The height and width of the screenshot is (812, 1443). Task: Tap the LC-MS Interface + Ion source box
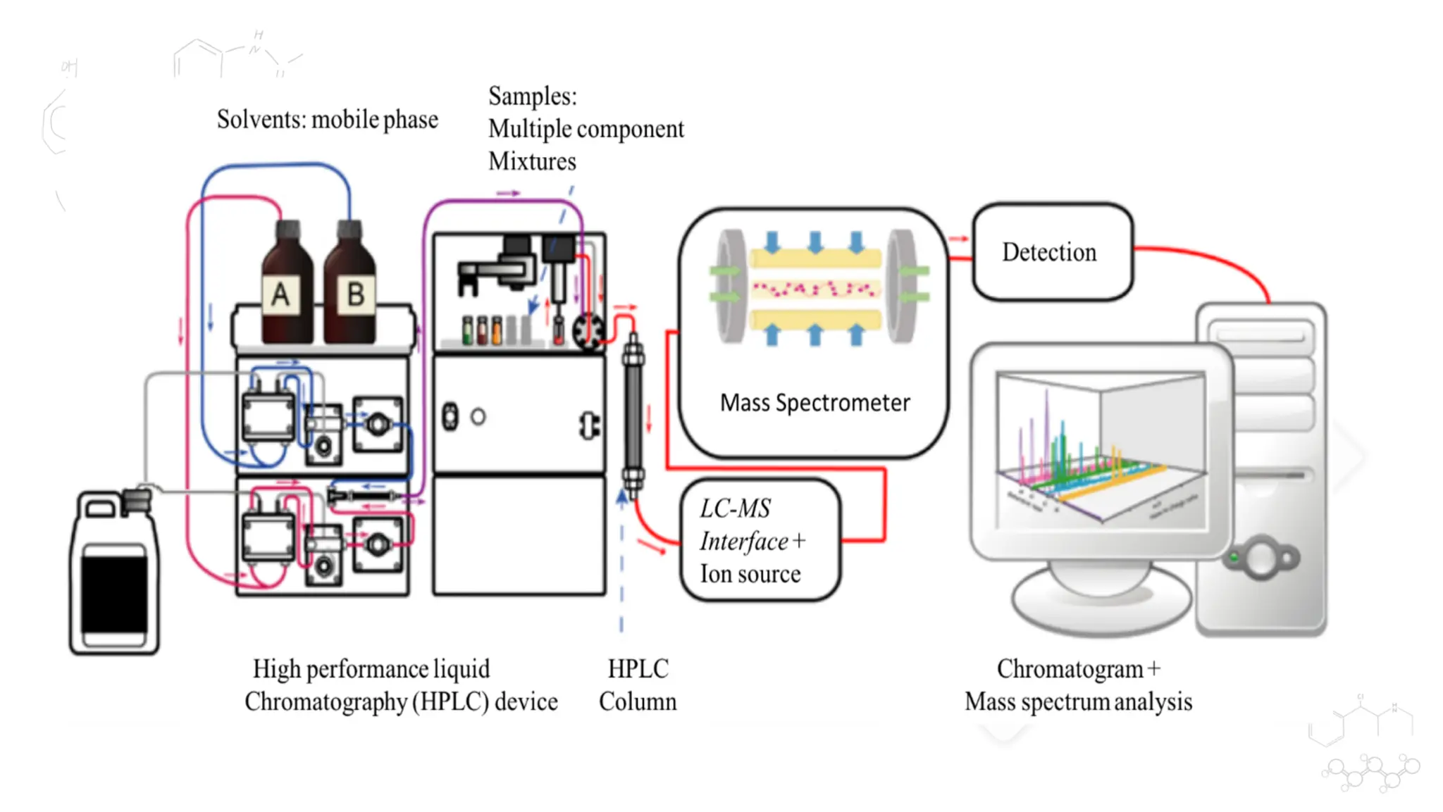(x=760, y=541)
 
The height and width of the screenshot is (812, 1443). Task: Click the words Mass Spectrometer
(x=815, y=403)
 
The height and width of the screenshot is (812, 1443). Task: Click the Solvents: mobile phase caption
(x=327, y=120)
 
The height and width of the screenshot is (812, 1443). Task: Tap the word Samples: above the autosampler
(x=533, y=96)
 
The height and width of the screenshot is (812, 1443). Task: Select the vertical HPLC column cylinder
(x=633, y=416)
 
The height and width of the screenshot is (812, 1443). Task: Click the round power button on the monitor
(x=1262, y=558)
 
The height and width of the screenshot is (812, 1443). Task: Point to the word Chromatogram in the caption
(x=1070, y=669)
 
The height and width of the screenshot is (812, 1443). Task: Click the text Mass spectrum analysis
(x=1078, y=702)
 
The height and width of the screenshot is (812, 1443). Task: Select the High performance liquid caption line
(x=371, y=669)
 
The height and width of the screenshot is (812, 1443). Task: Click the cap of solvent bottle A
(x=288, y=230)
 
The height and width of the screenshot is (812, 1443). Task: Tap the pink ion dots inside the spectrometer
(x=815, y=288)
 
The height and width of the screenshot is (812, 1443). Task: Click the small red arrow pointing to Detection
(x=959, y=239)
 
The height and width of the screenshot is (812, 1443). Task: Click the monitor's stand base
(x=1101, y=602)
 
